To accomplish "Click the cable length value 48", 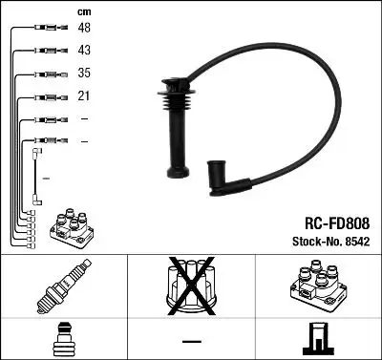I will (x=84, y=30).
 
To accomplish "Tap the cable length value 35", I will (x=84, y=74).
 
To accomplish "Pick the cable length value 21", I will (x=84, y=96).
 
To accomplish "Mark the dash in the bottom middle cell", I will (x=190, y=340).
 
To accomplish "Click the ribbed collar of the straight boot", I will (x=173, y=96).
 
